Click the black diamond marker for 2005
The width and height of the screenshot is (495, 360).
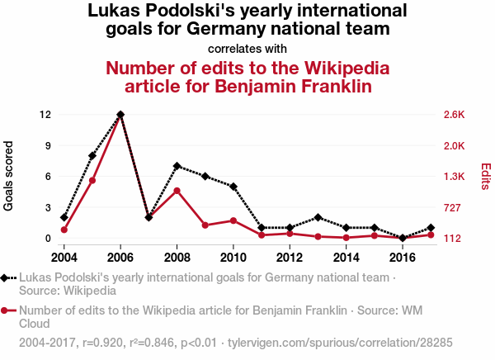point(92,155)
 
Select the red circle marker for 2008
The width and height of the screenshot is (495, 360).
point(177,191)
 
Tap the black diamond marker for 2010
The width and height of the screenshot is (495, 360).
point(233,187)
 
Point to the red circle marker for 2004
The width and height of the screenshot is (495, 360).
point(64,230)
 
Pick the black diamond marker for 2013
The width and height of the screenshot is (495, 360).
point(318,217)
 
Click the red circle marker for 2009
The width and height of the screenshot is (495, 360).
point(205,225)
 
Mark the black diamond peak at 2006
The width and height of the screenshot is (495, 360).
point(121,114)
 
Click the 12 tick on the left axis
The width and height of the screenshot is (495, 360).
point(45,114)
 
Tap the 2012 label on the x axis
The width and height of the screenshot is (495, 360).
point(290,254)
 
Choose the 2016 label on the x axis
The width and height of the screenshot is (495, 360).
point(403,254)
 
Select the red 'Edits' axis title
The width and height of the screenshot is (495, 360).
point(486,176)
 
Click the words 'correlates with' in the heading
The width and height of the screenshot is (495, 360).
point(247,47)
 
